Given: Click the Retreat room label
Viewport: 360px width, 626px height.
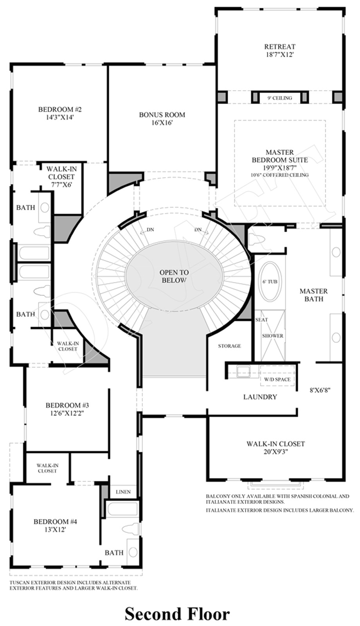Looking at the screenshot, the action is (x=279, y=50).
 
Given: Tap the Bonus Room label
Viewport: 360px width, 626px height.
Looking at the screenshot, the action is (x=162, y=119).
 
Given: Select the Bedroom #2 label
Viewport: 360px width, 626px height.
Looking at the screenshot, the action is (x=60, y=113).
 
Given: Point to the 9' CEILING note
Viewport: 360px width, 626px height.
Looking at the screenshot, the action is (x=279, y=98).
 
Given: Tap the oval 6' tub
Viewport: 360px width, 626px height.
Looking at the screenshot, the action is (x=270, y=281).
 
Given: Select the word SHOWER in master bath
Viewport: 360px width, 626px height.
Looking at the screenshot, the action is (x=272, y=336).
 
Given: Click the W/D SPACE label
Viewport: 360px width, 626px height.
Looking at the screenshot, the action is (x=277, y=379).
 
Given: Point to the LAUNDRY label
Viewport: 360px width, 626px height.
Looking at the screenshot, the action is (x=260, y=397).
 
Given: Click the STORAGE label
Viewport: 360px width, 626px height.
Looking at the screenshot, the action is (x=229, y=346).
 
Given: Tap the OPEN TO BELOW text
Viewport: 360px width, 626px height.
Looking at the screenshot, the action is (x=174, y=276).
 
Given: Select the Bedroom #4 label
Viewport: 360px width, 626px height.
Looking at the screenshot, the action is (x=55, y=525).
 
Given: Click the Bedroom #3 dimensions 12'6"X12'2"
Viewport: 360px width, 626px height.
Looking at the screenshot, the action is (x=67, y=413).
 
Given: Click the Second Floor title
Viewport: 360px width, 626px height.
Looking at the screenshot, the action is (x=177, y=614).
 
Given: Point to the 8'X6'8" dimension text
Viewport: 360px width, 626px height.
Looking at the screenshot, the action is (x=320, y=390).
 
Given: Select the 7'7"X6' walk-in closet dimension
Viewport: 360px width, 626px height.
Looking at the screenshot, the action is (x=61, y=185).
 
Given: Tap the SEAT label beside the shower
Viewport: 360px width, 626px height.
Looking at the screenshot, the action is (x=262, y=320).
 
